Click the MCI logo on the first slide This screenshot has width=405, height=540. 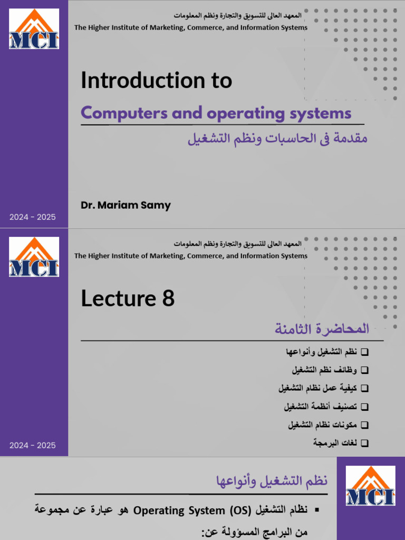click(34, 29)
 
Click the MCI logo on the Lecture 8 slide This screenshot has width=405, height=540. click(34, 257)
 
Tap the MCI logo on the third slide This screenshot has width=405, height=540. click(370, 485)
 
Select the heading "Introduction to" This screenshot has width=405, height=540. click(156, 81)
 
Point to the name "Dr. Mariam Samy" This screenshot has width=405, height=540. click(126, 205)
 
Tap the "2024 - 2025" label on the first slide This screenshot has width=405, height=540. click(32, 217)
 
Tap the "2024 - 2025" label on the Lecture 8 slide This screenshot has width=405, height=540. click(32, 446)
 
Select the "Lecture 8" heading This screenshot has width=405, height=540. click(127, 299)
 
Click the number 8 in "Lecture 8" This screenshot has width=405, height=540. click(168, 299)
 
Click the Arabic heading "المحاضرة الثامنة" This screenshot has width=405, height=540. click(321, 330)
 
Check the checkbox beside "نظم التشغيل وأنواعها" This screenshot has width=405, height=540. click(365, 352)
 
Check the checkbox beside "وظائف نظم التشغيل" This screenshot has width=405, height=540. click(365, 370)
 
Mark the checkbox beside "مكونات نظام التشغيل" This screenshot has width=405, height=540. click(365, 425)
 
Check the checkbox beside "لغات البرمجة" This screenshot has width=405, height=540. click(365, 443)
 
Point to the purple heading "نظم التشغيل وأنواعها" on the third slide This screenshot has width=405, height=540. click(272, 481)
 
